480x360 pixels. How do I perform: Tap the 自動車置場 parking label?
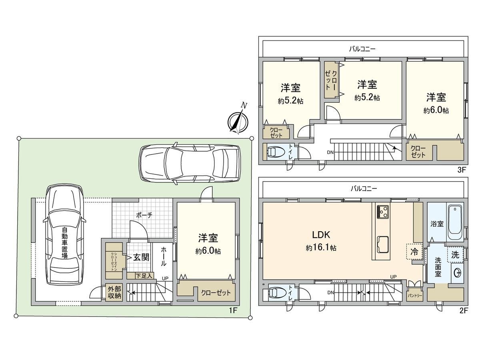(64, 243)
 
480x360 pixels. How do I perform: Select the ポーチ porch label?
(144, 215)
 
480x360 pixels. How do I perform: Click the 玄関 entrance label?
(141, 257)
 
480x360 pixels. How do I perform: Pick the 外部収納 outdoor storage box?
(114, 292)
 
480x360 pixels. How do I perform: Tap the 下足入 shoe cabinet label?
(143, 276)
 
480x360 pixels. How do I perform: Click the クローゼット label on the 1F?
(216, 293)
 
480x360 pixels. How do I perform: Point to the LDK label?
(320, 234)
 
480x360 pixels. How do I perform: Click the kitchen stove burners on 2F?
(382, 211)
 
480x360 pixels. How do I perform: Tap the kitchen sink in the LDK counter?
(382, 244)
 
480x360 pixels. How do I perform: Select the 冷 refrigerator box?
(414, 252)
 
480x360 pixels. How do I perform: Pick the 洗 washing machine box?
(455, 254)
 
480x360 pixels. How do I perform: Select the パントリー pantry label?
(414, 294)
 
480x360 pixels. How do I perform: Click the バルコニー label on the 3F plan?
(362, 49)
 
